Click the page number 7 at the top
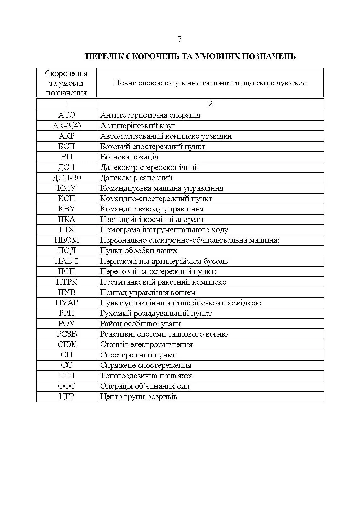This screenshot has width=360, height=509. point(180,39)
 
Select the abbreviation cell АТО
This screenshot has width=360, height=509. point(67,115)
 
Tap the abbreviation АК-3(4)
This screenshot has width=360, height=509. point(67,126)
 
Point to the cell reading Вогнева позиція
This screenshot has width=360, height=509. point(129,157)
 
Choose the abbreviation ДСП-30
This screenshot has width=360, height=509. point(67,178)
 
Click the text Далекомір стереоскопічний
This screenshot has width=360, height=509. point(149,167)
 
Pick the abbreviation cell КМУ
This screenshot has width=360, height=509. point(67,188)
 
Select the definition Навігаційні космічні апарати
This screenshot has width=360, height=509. point(152,219)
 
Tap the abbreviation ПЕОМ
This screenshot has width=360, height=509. point(67,240)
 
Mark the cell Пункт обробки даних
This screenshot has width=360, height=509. point(138,251)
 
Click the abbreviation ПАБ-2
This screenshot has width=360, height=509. point(67,261)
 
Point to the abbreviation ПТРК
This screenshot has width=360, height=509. point(67,282)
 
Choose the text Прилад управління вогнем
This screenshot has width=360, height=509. point(148,292)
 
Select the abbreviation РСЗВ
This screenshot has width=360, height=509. point(67,334)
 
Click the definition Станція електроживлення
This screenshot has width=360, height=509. point(146,344)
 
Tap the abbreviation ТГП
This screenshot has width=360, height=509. point(67,376)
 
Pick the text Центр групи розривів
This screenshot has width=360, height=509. point(138,396)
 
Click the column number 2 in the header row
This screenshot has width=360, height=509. point(210,104)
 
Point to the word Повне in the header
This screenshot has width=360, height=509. point(124,83)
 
